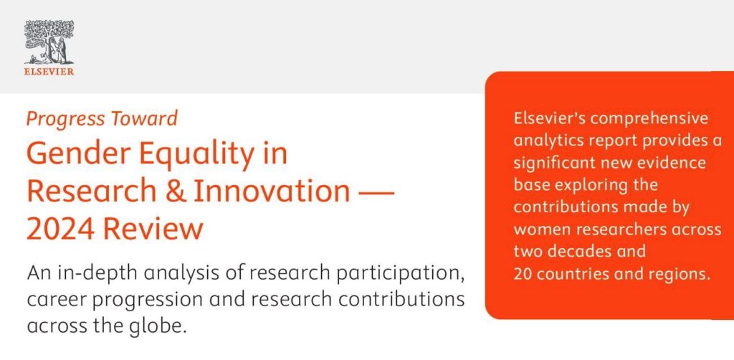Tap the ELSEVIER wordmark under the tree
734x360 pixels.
[x=49, y=71]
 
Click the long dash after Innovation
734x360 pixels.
[x=375, y=192]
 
